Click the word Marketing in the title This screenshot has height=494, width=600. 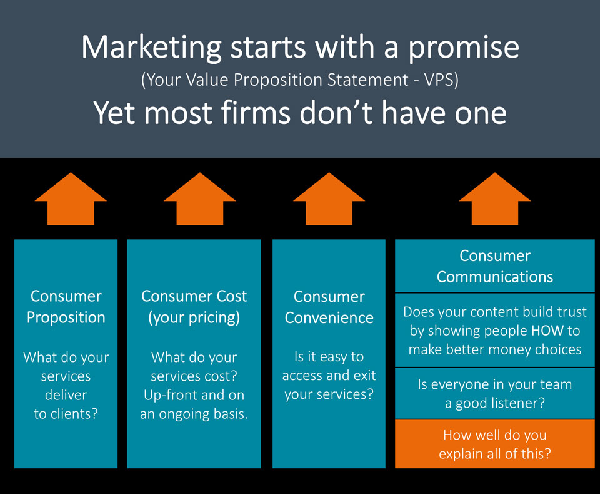point(151,48)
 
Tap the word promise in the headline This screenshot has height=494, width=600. point(464,48)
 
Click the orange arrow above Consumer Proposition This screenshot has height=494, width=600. point(71,198)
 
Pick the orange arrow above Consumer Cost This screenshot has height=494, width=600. point(200,198)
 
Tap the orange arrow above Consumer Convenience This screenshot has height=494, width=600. point(329,198)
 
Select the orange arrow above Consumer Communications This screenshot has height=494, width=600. point(495,198)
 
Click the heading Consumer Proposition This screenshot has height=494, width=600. point(66,307)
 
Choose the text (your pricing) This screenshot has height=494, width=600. point(194,317)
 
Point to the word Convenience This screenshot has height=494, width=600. point(329,317)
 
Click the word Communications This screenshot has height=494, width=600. point(495,277)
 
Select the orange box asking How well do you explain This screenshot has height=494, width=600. point(495,444)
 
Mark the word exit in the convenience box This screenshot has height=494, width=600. point(364,375)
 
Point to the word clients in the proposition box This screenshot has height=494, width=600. point(72,414)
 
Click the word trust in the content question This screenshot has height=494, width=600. point(570,312)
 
